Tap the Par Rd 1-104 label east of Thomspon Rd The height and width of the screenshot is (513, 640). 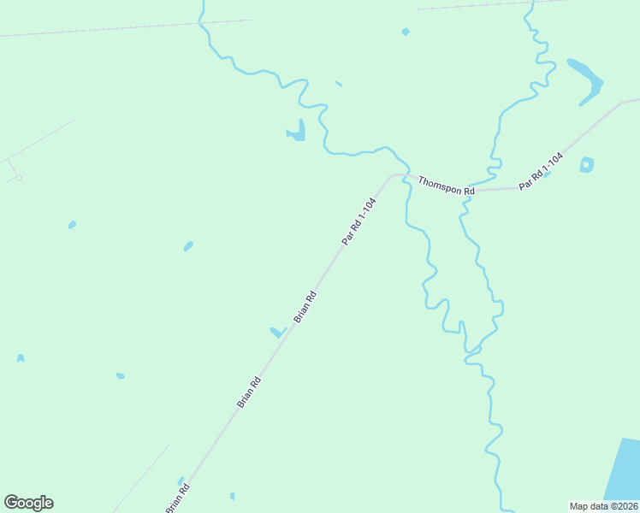541,171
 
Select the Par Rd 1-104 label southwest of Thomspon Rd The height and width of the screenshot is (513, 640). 359,221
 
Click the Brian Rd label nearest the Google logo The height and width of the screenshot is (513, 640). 178,498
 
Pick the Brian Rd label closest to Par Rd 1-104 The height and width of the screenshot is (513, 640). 305,307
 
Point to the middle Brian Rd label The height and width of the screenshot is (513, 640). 249,392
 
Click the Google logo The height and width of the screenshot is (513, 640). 28,503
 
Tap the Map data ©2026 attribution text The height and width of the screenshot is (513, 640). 603,506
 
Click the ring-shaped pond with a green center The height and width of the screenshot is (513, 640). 587,164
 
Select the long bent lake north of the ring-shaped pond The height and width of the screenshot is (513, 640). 587,80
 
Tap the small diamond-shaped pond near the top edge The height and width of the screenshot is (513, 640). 406,32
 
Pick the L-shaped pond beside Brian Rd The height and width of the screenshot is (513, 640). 277,332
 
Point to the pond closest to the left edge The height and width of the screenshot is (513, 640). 21,358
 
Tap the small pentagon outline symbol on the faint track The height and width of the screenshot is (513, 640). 18,178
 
